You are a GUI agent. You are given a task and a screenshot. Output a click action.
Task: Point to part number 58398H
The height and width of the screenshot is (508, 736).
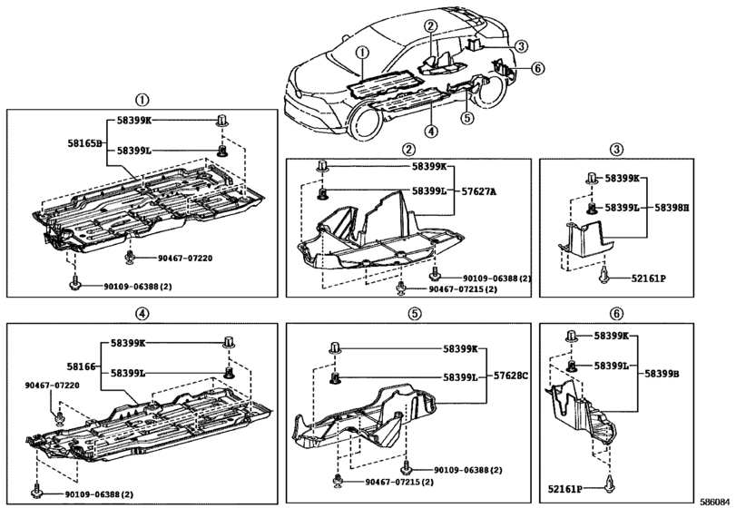click(x=672, y=208)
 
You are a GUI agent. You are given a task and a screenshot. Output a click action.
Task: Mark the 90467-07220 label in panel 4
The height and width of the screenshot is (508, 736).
click(x=54, y=386)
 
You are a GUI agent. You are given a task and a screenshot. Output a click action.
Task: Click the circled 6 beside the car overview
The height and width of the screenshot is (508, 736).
click(x=538, y=68)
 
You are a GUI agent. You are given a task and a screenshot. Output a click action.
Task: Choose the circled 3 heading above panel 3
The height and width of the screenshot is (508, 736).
click(x=617, y=149)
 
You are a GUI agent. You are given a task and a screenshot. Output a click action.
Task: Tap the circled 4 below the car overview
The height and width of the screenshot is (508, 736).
click(x=430, y=132)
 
